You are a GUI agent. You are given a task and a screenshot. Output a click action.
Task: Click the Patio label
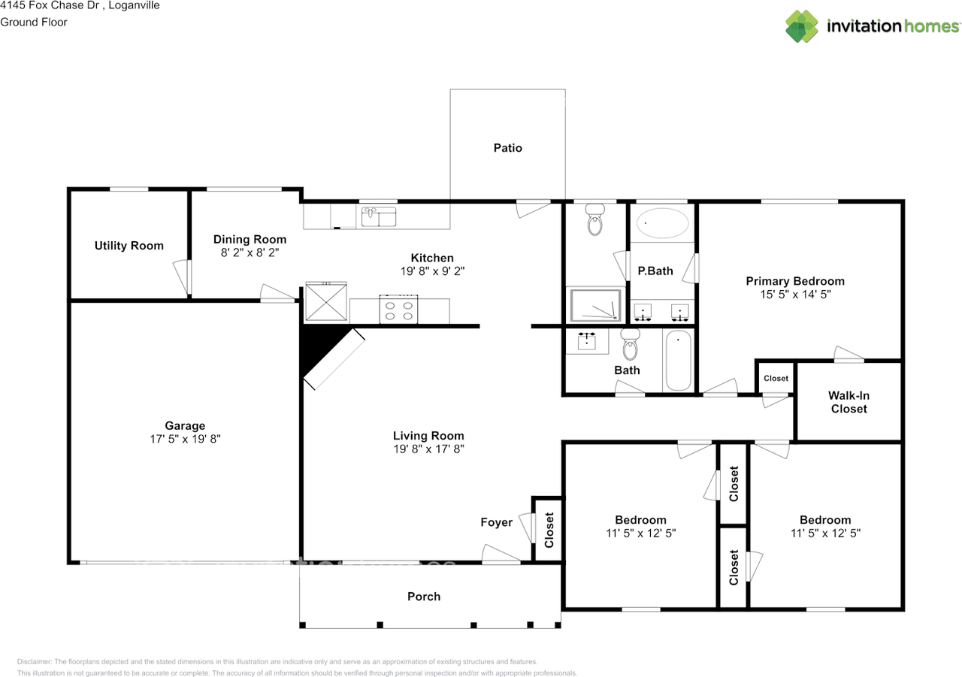tap(507, 148)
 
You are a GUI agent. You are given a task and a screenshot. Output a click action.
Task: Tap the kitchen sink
tap(378, 216)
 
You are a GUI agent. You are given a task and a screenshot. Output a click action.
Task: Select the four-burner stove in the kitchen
tap(398, 309)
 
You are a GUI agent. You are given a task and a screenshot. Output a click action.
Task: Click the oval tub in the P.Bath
tap(662, 223)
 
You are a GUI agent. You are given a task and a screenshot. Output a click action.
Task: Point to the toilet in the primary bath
tap(594, 219)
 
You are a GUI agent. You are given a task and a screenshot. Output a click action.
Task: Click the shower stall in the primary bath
tap(595, 305)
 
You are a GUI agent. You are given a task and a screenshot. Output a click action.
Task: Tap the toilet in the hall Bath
tap(631, 344)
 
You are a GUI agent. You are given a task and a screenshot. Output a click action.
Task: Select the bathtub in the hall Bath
tap(678, 361)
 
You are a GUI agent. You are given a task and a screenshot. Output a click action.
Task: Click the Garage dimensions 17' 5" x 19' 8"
tap(185, 439)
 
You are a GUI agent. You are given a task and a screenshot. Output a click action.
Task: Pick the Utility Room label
tap(129, 246)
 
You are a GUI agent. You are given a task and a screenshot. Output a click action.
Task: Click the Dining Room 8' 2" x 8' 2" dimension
tap(250, 252)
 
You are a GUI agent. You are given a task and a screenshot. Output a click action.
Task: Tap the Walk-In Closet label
tap(849, 402)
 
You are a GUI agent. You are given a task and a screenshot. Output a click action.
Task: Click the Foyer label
tap(497, 522)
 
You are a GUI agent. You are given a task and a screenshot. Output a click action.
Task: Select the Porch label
tap(424, 597)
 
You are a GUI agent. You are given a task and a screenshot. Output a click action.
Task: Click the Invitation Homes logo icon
tap(802, 26)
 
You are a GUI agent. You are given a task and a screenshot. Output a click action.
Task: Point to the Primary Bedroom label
tap(795, 281)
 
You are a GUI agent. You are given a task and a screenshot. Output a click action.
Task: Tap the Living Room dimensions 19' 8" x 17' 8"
tap(428, 449)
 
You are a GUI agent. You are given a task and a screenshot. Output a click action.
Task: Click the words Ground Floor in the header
tap(34, 23)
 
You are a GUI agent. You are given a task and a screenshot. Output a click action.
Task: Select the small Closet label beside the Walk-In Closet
tap(776, 378)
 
